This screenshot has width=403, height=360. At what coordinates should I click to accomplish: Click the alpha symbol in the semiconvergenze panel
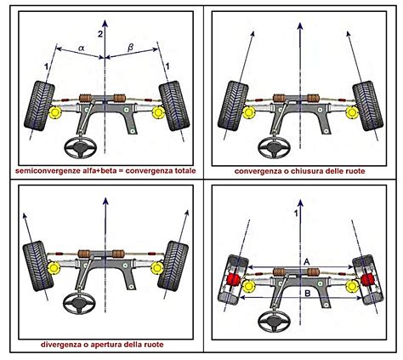coord(81,49)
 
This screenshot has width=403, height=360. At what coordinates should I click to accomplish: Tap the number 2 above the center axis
coord(101,32)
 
